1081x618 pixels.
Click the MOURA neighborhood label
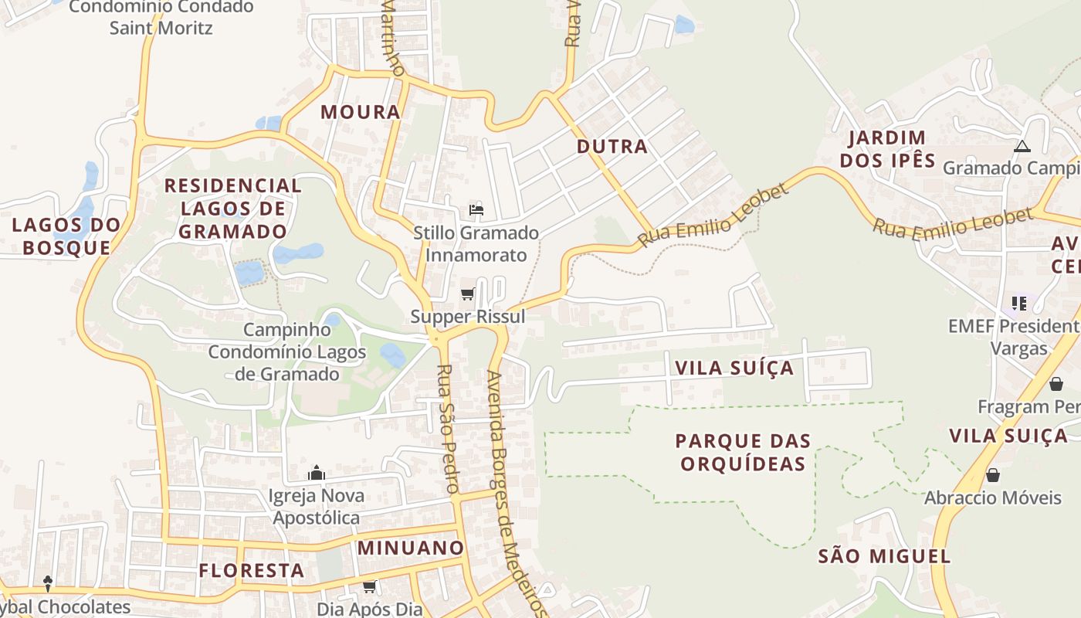[361, 112]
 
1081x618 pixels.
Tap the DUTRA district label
[612, 147]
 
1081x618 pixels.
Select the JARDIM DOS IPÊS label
[887, 149]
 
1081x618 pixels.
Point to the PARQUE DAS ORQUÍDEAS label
[743, 452]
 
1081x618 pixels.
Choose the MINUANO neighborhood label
[411, 548]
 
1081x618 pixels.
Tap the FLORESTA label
[252, 571]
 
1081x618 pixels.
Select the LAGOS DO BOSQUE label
[66, 236]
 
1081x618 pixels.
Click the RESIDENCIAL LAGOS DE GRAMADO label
[232, 208]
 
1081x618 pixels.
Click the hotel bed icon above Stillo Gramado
[476, 209]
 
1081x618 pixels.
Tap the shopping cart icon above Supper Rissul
[467, 294]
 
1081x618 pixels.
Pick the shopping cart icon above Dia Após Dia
[370, 586]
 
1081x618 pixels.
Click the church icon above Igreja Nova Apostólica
[316, 473]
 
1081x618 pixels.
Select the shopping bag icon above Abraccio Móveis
[993, 475]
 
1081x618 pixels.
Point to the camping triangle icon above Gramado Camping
[1022, 146]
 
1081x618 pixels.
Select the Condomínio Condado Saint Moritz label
[161, 17]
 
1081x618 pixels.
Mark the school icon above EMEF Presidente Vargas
[1019, 303]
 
